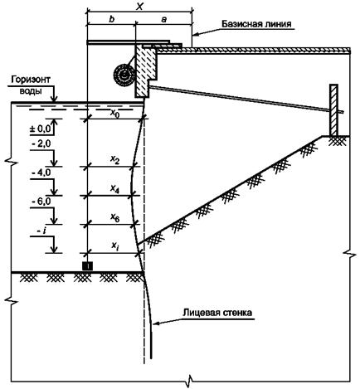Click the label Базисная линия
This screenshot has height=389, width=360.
point(256,24)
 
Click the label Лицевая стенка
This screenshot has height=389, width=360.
point(217,313)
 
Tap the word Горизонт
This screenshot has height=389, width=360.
point(31,80)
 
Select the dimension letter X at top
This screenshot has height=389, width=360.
point(140,7)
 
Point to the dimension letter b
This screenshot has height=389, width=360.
point(112,19)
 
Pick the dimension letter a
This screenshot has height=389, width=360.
point(164,20)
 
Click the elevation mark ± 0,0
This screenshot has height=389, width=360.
point(41,129)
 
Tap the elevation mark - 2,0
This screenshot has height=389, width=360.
point(41,145)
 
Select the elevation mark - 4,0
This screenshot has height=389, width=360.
point(41,173)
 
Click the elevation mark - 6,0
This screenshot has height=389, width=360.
point(41,202)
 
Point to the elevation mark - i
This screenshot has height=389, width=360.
point(41,231)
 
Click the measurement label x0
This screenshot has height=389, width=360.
point(115,113)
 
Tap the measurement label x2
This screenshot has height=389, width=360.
point(115,159)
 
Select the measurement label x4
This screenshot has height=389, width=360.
point(115,189)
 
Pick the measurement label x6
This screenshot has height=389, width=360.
point(115,218)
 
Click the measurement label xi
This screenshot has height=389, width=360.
point(114,246)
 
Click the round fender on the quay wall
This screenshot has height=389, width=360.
point(124,75)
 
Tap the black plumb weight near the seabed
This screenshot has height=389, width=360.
point(88,265)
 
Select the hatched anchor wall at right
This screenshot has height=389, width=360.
point(333,109)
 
